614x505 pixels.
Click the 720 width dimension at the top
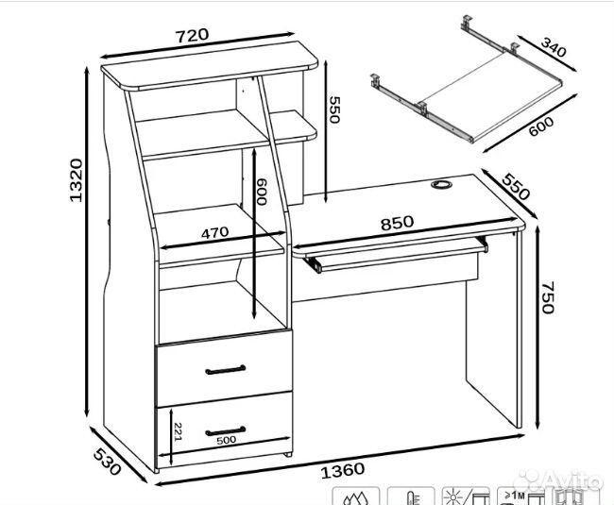(x=193, y=35)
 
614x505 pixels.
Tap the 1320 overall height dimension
(x=76, y=179)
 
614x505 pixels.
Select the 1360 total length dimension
(x=343, y=470)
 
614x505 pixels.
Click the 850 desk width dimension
(x=397, y=223)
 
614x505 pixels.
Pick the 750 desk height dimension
(x=548, y=297)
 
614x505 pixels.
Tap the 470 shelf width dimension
(x=214, y=232)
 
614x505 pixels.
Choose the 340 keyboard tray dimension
(x=554, y=47)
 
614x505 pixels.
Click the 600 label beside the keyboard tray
(x=540, y=126)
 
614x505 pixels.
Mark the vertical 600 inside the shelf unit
(x=261, y=192)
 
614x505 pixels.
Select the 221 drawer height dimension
(x=178, y=431)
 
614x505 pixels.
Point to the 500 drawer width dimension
(x=227, y=440)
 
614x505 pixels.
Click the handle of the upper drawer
(x=226, y=370)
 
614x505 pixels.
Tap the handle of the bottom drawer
(x=226, y=431)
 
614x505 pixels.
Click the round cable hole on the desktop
(x=442, y=184)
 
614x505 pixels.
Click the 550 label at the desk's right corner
(x=517, y=187)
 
